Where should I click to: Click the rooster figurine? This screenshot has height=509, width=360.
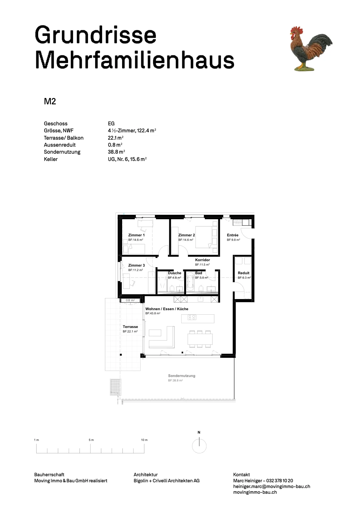pyautogui.click(x=311, y=49)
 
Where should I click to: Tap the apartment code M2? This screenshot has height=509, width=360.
pyautogui.click(x=50, y=101)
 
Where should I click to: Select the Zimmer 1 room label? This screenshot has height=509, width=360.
pyautogui.click(x=136, y=235)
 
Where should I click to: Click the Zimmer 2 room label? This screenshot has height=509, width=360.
pyautogui.click(x=186, y=235)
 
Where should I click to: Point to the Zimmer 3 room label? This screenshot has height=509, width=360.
pyautogui.click(x=136, y=265)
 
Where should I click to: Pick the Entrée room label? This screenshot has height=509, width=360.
pyautogui.click(x=232, y=235)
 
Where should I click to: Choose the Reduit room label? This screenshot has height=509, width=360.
pyautogui.click(x=244, y=273)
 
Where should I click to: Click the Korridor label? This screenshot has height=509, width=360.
pyautogui.click(x=202, y=260)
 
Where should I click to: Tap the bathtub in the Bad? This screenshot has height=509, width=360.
pyautogui.click(x=190, y=282)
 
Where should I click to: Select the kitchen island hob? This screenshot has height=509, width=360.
pyautogui.click(x=192, y=317)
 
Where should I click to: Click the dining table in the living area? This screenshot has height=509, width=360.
pyautogui.click(x=200, y=339)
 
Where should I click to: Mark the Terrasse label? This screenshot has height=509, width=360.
pyautogui.click(x=130, y=327)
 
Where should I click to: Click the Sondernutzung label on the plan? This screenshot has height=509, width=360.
pyautogui.click(x=182, y=376)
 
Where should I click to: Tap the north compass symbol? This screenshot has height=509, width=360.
pyautogui.click(x=199, y=446)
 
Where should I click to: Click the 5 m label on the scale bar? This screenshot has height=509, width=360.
pyautogui.click(x=91, y=440)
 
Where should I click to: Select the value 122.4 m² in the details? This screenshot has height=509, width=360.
pyautogui.click(x=147, y=131)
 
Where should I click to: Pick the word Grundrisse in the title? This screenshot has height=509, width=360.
pyautogui.click(x=95, y=35)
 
